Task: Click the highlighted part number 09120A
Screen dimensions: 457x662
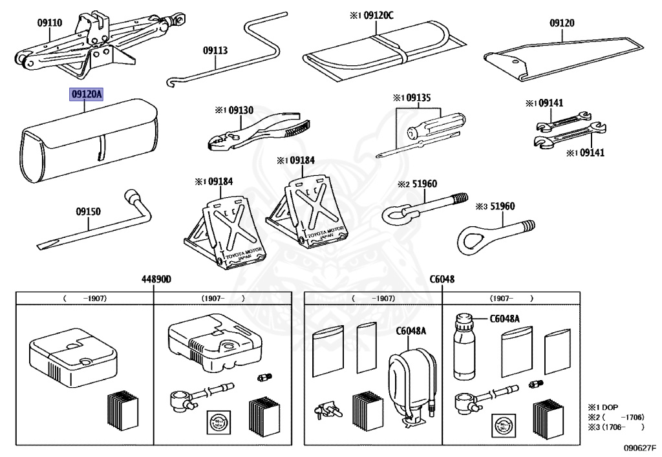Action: tap(87, 94)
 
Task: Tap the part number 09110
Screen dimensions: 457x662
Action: tap(49, 23)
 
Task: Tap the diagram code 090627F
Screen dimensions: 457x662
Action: tap(639, 447)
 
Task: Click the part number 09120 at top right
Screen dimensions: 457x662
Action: tap(562, 23)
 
